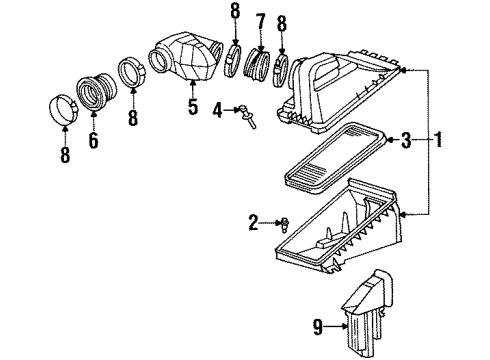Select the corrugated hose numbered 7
point(258,69)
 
